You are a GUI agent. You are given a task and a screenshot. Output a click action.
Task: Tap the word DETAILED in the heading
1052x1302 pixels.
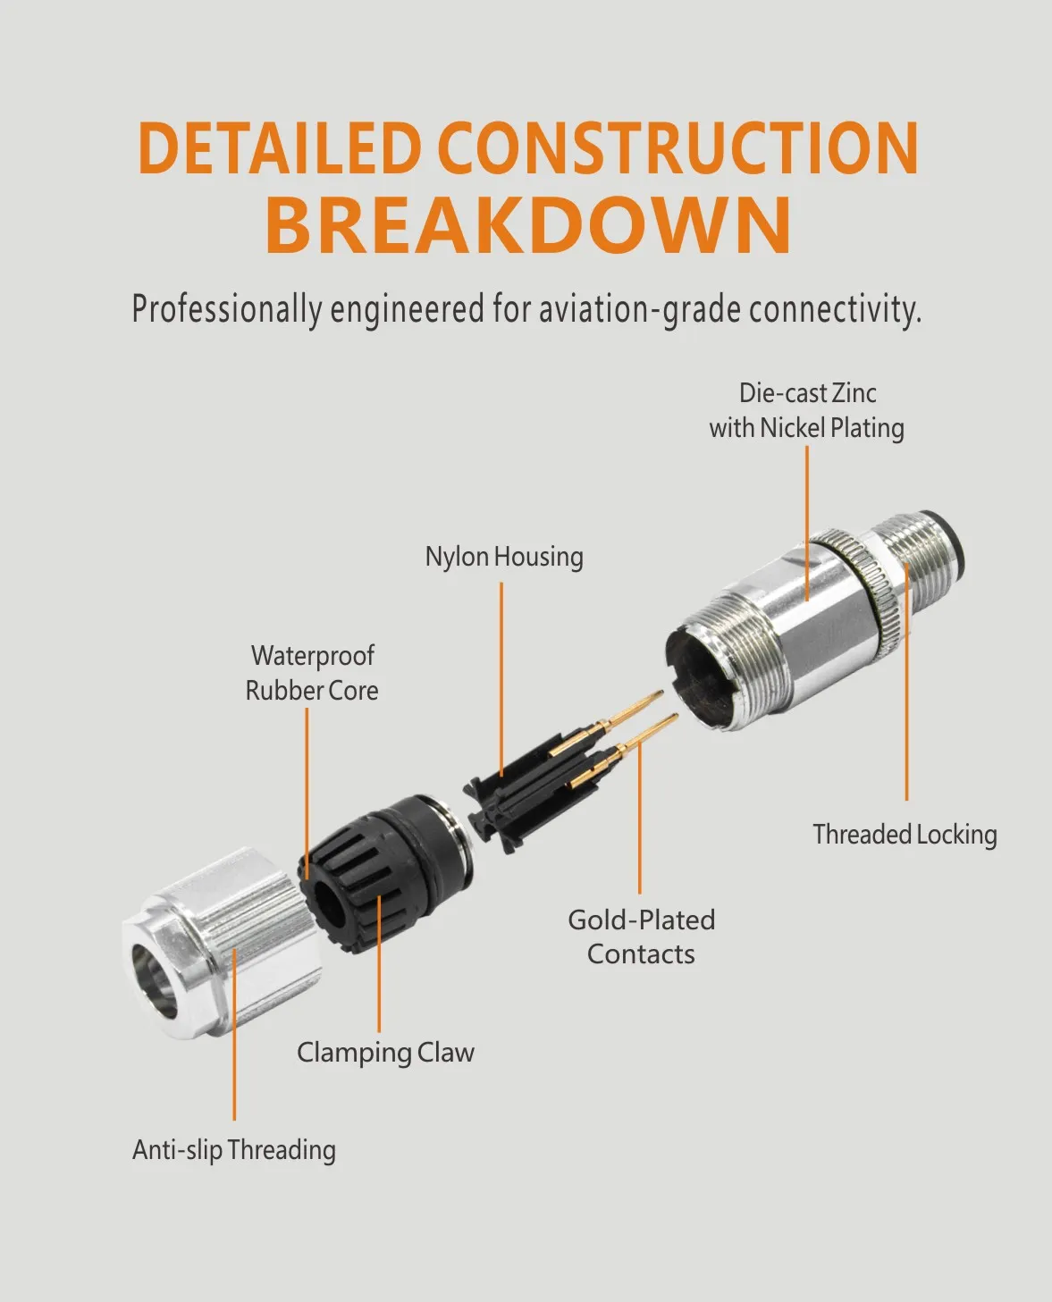(x=281, y=147)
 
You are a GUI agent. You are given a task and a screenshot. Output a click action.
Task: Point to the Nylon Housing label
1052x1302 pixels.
(x=504, y=557)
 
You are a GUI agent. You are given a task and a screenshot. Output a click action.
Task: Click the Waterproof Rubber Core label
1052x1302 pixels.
(x=312, y=673)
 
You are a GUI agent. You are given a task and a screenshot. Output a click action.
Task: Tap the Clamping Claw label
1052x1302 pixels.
(x=386, y=1052)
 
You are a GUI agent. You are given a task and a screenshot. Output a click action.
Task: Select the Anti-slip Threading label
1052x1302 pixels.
(x=234, y=1150)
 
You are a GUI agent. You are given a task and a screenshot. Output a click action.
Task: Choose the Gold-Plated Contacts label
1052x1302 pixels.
(x=641, y=937)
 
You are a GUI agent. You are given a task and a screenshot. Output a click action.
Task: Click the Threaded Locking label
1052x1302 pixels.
(x=905, y=835)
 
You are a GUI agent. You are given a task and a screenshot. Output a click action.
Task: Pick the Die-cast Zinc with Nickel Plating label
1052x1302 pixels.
(x=807, y=410)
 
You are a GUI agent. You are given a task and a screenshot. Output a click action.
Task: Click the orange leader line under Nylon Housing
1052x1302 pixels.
(x=501, y=679)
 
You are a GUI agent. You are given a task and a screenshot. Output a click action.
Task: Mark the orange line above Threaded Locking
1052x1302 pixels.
(x=906, y=682)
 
